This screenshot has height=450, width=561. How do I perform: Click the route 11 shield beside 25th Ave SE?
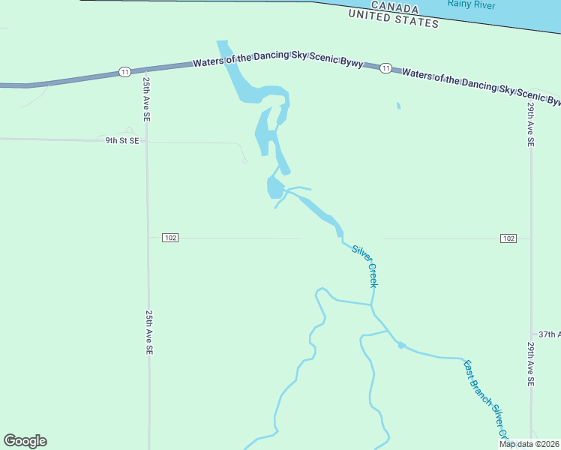point(124,72)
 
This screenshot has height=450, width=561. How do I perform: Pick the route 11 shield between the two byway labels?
point(385,68)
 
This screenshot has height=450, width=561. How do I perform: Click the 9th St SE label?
point(121,140)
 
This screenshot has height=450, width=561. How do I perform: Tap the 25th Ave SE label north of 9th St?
point(147,97)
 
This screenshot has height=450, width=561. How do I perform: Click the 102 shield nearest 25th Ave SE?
point(170,238)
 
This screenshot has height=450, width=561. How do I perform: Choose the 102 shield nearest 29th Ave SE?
point(508,238)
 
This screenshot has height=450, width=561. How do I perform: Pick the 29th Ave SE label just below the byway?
point(530,124)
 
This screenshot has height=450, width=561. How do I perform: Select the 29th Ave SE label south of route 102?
point(530,364)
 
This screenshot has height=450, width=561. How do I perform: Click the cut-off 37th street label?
point(549,334)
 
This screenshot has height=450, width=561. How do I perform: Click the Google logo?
point(25,441)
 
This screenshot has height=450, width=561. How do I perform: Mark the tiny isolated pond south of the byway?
point(398,106)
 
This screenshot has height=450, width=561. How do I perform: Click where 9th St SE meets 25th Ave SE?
point(147,140)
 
